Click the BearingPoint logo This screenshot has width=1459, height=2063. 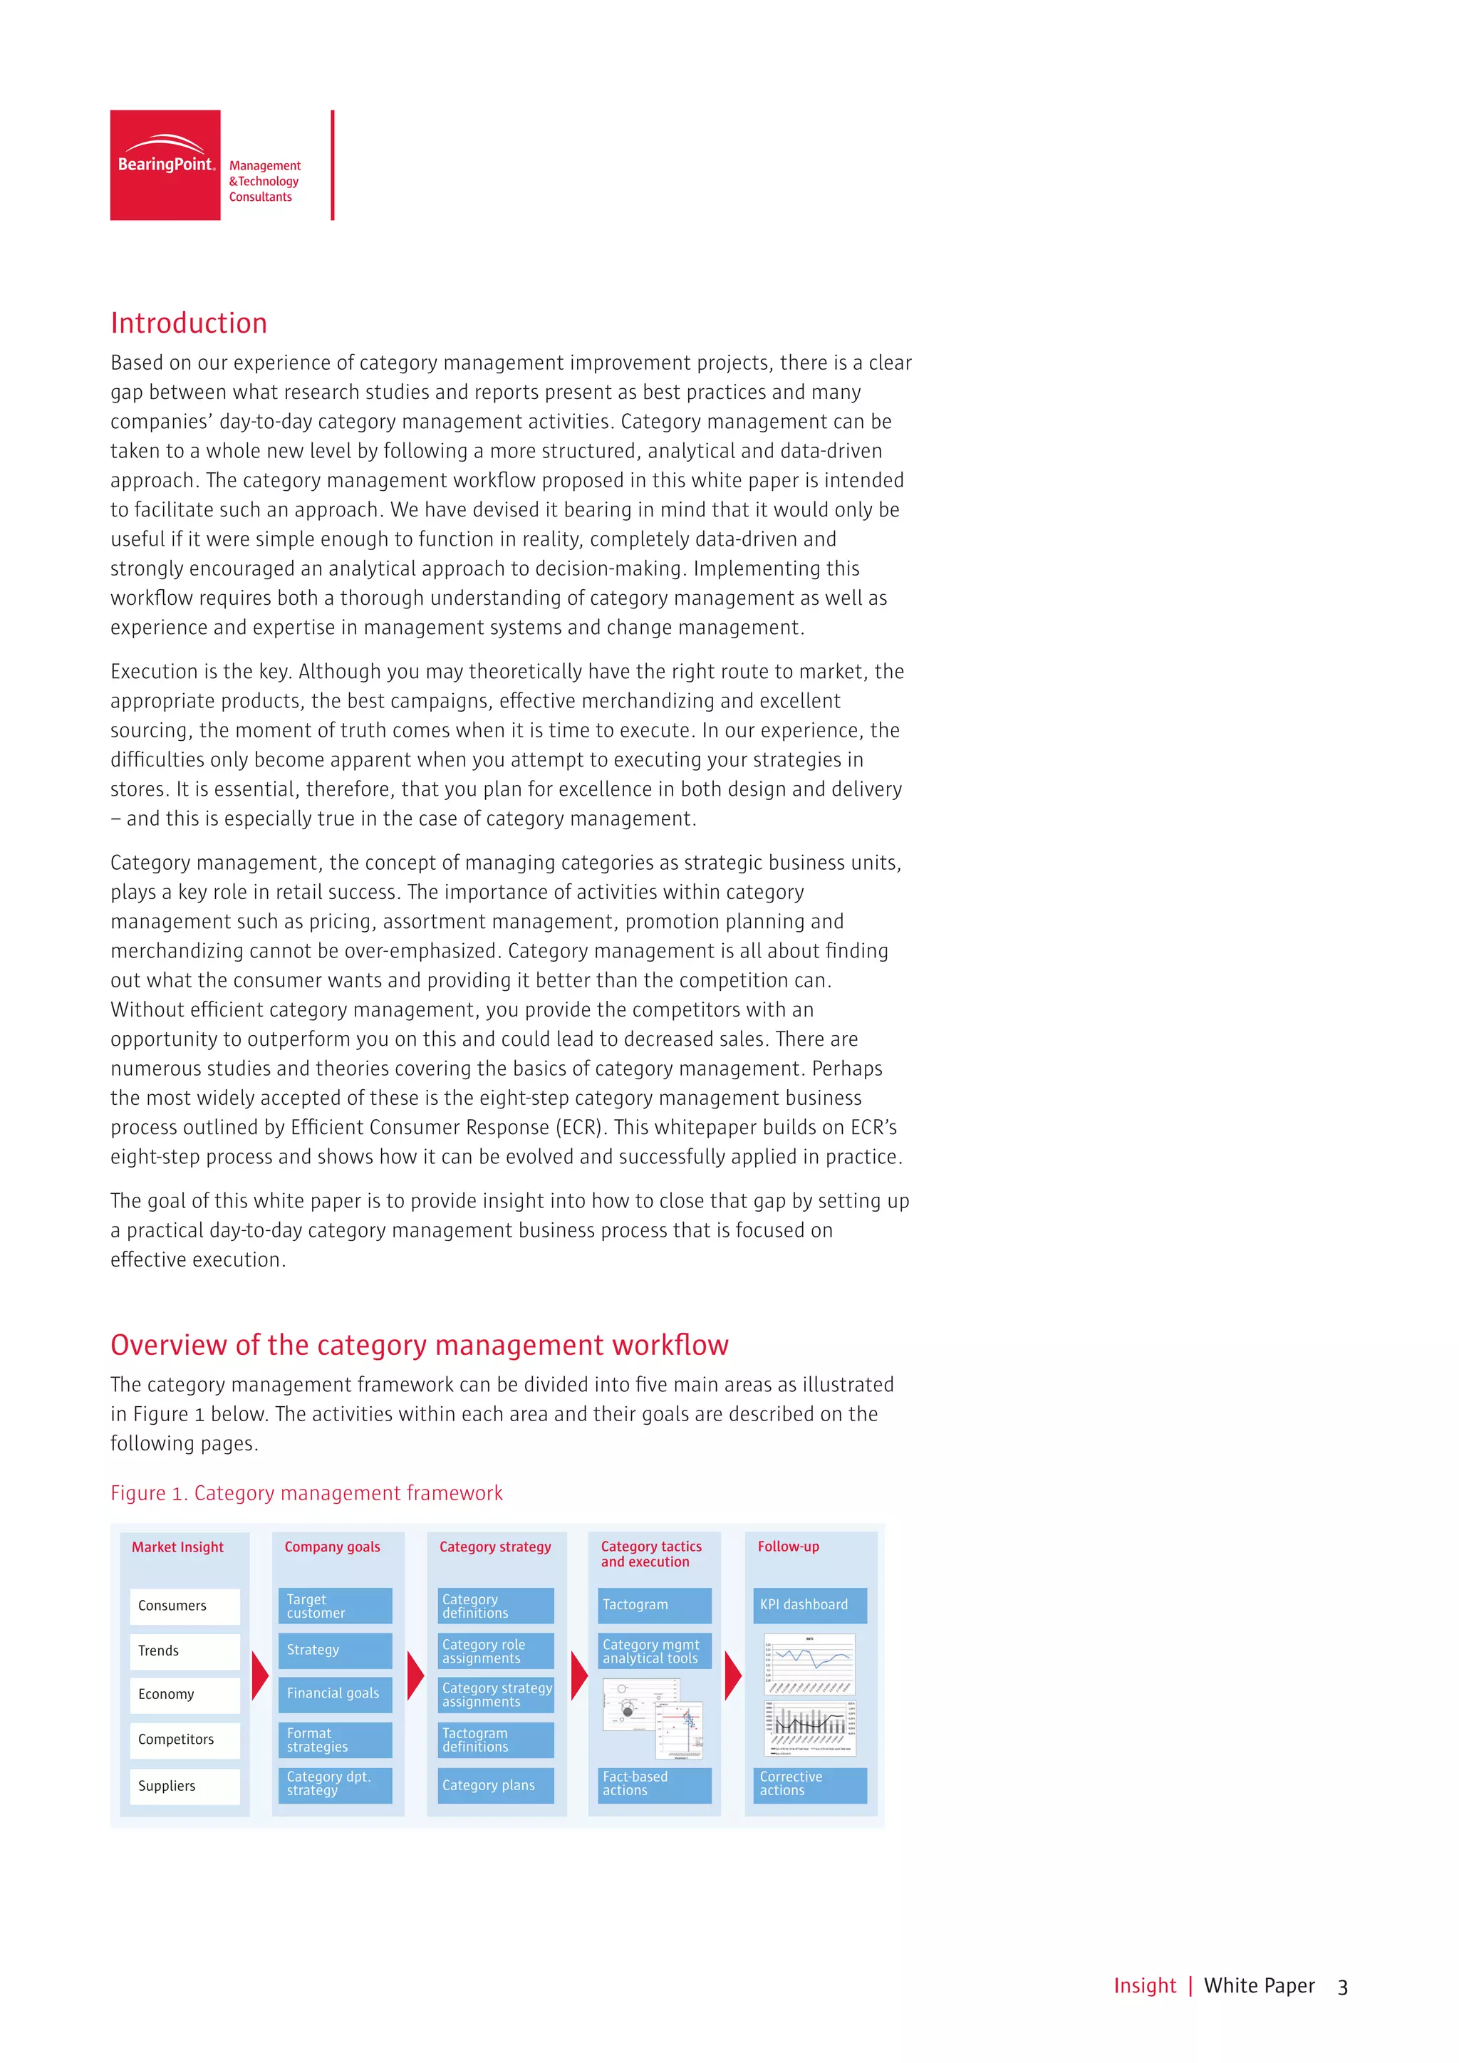tap(165, 165)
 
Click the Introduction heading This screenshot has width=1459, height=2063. tap(189, 323)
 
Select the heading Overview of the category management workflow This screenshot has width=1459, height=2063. tap(419, 1345)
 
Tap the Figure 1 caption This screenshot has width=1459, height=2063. tap(306, 1493)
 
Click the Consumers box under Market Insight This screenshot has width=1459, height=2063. tap(185, 1606)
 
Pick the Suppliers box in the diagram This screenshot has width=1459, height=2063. tap(185, 1787)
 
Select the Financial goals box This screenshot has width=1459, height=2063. tap(335, 1694)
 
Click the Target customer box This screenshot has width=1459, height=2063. tap(335, 1606)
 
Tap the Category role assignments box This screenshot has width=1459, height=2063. tap(497, 1651)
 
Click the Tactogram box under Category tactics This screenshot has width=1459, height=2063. tap(654, 1605)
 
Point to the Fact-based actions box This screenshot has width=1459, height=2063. tap(654, 1784)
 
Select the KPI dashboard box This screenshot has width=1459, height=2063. tap(809, 1605)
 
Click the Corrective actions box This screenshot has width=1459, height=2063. tap(809, 1784)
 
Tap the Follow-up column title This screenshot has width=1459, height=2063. tap(788, 1547)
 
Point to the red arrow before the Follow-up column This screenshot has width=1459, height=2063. tap(733, 1675)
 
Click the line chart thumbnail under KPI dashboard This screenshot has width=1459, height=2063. tap(809, 1665)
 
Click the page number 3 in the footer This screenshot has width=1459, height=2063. tap(1342, 1987)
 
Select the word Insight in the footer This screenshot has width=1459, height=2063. tap(1145, 1986)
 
